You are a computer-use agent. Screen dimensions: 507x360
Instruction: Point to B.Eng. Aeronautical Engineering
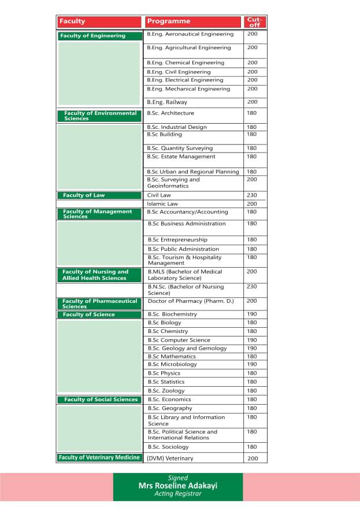pos(190,34)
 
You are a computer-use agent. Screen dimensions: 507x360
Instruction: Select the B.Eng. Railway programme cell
pos(167,102)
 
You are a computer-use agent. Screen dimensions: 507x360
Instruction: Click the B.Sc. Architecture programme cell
pos(170,113)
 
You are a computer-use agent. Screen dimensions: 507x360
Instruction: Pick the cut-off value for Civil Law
pos(252,195)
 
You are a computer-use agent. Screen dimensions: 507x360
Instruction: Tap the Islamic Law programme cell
pos(162,204)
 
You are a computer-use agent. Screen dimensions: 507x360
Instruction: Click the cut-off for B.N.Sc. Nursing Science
pos(252,287)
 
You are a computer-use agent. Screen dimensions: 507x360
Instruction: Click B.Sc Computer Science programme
pos(179,341)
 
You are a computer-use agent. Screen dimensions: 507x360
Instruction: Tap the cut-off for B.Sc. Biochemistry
pos(252,314)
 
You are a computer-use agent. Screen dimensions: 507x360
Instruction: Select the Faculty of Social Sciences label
pos(99,399)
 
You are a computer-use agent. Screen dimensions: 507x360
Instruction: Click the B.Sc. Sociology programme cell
pos(168,447)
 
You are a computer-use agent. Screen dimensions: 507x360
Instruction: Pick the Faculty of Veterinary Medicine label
pos(99,458)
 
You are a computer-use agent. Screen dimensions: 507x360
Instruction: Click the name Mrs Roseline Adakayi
pos(178,486)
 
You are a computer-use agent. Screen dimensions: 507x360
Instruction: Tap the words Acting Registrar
pos(178,494)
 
